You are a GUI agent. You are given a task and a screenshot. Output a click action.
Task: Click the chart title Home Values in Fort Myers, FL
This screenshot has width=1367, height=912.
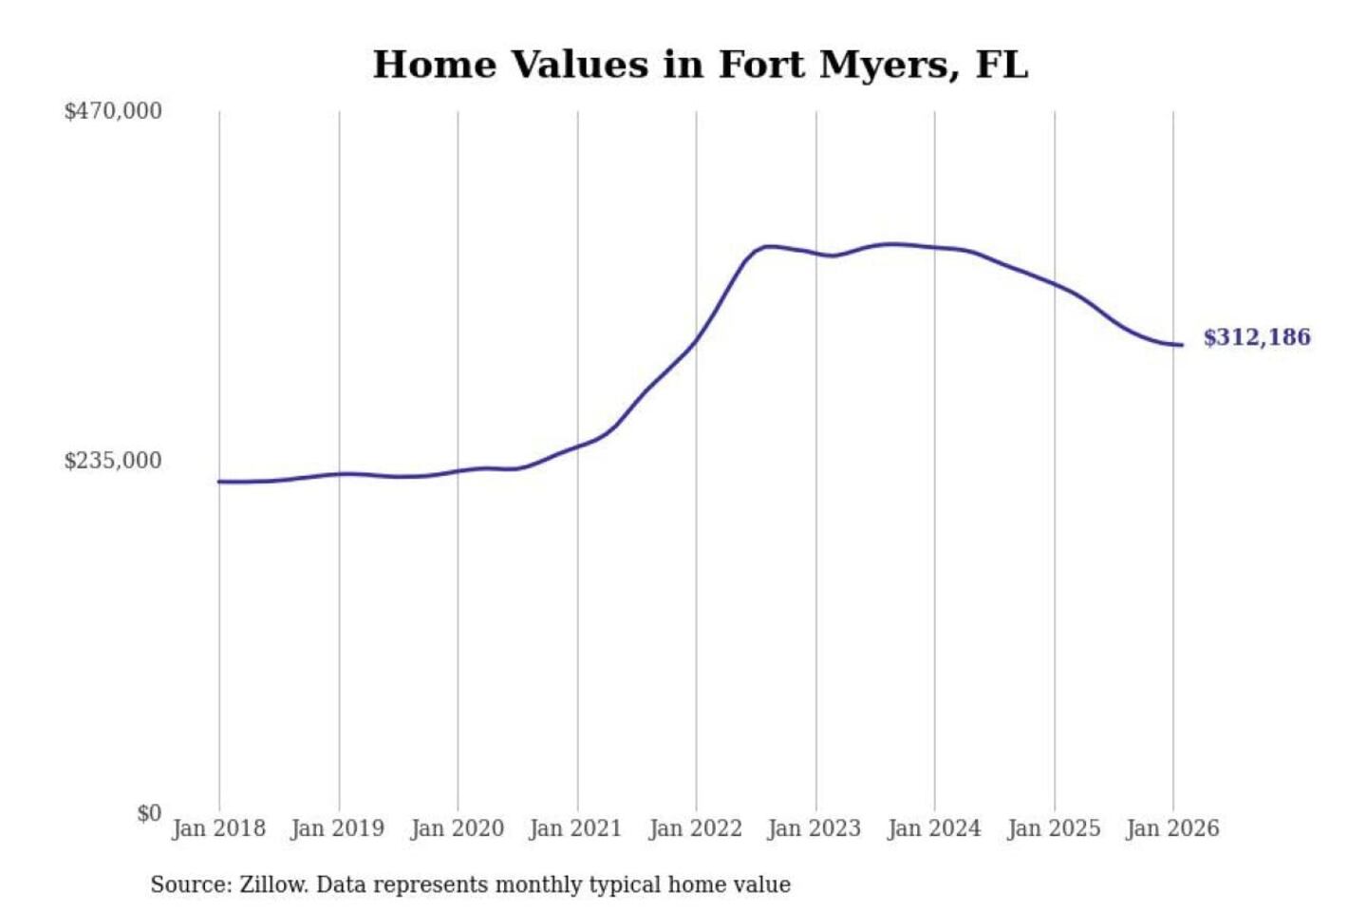(700, 65)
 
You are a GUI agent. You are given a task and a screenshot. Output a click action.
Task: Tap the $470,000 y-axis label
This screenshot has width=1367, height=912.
(112, 111)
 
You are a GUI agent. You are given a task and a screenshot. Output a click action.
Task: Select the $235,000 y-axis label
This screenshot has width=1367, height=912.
(112, 461)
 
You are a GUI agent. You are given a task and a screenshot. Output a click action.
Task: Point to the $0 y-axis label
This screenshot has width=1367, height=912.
(149, 813)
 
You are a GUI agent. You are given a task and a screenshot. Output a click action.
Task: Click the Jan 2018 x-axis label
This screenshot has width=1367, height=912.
(218, 828)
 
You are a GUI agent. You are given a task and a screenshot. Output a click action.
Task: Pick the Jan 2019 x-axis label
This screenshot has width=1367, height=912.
(337, 828)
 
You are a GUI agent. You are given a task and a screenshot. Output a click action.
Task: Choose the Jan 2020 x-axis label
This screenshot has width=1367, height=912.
(457, 828)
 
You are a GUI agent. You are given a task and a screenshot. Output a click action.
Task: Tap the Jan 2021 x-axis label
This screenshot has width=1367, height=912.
(575, 828)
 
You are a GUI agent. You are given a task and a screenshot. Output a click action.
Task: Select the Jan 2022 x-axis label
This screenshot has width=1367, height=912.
(695, 828)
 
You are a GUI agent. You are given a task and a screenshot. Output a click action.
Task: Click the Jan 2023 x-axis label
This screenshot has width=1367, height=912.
(814, 828)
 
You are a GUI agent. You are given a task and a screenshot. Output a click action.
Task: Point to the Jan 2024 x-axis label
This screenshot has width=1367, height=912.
(933, 828)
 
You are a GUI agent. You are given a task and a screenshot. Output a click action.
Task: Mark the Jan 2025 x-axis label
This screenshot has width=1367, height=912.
(1053, 828)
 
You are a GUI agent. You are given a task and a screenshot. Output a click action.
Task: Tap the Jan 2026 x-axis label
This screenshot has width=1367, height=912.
(1171, 828)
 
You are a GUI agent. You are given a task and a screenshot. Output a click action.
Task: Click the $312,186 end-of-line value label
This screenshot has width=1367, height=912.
(1257, 337)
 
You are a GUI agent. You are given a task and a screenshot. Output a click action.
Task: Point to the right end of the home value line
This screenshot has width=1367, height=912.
(1181, 345)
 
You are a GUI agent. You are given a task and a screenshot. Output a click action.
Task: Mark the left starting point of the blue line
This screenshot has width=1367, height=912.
(219, 482)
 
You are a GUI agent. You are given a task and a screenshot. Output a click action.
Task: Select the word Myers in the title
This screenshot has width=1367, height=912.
(888, 65)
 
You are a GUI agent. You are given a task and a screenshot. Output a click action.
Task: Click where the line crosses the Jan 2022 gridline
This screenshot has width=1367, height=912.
(696, 341)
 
